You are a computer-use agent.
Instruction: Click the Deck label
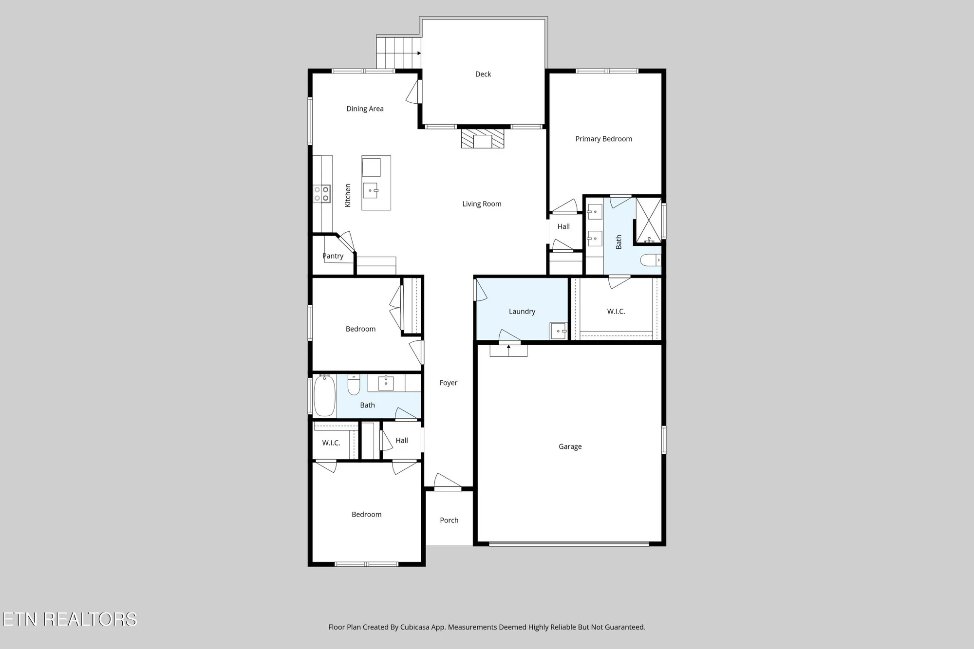(x=483, y=74)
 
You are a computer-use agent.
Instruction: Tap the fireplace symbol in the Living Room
(x=483, y=138)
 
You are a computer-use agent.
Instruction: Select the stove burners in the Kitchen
(x=321, y=193)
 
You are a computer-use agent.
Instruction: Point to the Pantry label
(x=333, y=256)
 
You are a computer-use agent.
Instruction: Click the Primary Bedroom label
(x=603, y=139)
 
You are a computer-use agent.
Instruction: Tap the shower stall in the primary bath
(x=649, y=220)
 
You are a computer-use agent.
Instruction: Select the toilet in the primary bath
(x=650, y=260)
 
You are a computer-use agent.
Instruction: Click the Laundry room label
(x=522, y=312)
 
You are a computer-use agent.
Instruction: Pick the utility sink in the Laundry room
(x=559, y=331)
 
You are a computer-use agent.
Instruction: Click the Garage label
(x=570, y=446)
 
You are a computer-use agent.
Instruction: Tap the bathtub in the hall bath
(x=324, y=395)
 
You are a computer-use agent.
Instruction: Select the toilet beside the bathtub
(x=354, y=385)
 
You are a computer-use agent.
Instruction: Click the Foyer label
(x=448, y=383)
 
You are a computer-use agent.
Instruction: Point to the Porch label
(x=449, y=520)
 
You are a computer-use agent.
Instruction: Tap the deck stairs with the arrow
(x=398, y=53)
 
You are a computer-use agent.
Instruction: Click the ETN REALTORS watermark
(x=69, y=619)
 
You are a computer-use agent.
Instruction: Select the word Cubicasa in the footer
(x=415, y=627)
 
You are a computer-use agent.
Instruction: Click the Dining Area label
(x=365, y=109)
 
